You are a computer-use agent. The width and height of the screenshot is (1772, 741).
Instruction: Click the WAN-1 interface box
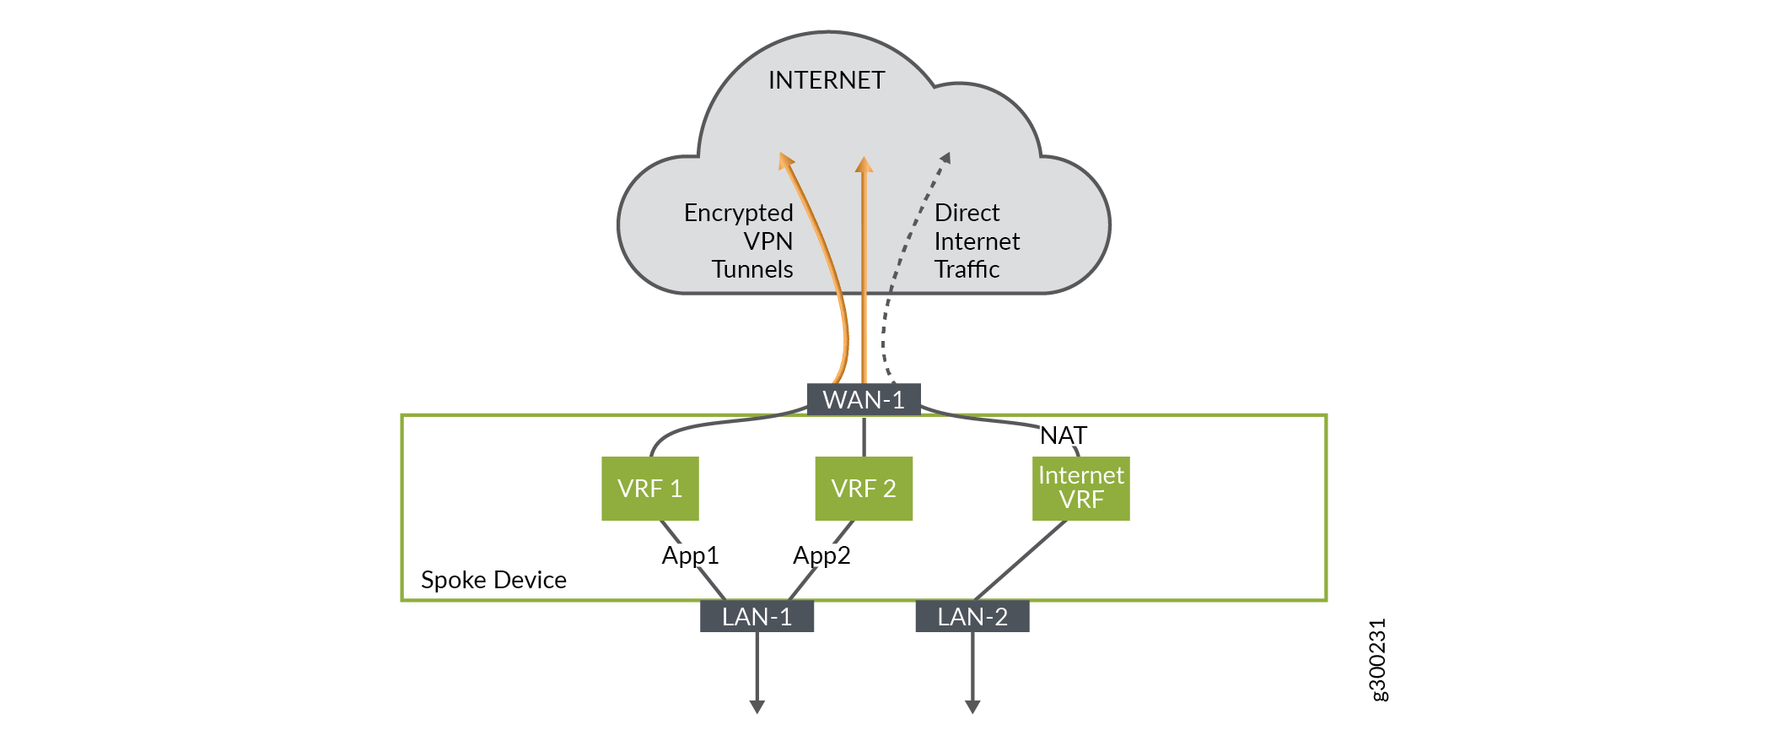click(x=864, y=399)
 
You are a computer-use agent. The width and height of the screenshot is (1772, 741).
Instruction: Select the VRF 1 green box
click(x=649, y=489)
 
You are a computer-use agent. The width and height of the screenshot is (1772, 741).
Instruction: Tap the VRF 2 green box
click(x=864, y=489)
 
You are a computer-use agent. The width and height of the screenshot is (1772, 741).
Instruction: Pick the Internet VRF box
click(x=1080, y=489)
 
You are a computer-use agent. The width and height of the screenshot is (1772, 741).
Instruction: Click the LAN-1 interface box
click(x=757, y=617)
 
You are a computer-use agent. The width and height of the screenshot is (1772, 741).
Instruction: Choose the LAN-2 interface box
click(x=972, y=617)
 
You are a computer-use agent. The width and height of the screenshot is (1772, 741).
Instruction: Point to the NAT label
click(x=1063, y=435)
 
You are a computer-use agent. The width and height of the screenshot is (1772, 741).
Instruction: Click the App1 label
click(x=690, y=555)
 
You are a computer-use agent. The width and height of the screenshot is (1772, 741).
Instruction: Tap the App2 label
click(x=821, y=555)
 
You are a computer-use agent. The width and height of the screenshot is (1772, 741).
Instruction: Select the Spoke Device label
click(x=493, y=580)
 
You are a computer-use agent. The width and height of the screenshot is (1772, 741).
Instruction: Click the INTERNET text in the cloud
click(x=827, y=80)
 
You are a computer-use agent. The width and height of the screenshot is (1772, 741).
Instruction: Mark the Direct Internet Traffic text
click(x=975, y=241)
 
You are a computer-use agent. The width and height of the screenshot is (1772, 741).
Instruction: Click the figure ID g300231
click(x=1376, y=660)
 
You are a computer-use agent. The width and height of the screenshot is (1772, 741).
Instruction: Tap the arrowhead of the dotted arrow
click(x=945, y=158)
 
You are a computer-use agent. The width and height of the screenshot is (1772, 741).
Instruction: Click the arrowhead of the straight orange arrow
click(x=864, y=165)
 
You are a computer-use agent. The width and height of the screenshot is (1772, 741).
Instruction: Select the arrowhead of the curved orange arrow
click(x=786, y=160)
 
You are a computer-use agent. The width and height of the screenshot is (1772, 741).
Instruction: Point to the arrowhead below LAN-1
click(x=757, y=706)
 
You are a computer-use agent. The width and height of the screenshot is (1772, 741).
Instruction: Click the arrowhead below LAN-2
click(x=972, y=706)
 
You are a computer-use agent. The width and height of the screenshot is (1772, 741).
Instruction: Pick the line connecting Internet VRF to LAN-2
click(x=1021, y=560)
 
